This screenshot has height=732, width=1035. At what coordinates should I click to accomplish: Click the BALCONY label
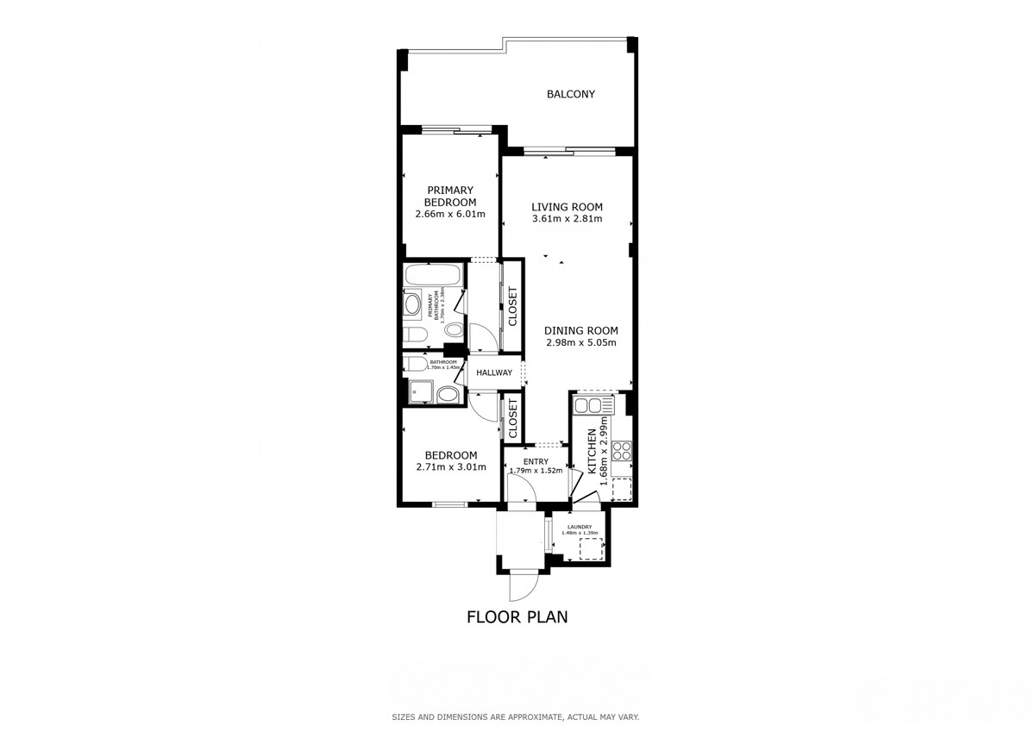pos(571,95)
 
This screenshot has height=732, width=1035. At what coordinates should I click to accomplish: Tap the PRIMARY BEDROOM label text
pos(449,196)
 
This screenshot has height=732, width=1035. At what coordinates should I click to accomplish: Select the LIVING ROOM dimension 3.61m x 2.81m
pos(567,219)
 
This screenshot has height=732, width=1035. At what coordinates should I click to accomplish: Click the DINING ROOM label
pos(581,330)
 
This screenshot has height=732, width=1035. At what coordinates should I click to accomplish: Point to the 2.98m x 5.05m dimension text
pos(581,342)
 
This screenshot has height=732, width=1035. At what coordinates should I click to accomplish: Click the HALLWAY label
pos(494,373)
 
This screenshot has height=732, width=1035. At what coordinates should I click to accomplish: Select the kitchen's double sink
pos(593,406)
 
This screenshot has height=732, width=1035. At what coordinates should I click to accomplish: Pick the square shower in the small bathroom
pos(419,392)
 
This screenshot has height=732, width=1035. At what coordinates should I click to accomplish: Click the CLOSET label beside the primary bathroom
pos(511,306)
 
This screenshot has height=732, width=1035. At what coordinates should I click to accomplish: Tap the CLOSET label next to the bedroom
pos(511,418)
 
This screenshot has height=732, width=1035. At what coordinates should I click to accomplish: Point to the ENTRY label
pos(536,461)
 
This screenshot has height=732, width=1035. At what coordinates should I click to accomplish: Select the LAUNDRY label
pos(579,526)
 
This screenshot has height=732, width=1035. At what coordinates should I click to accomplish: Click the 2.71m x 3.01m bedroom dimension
pos(449,467)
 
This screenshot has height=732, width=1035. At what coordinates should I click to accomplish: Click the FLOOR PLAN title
pos(517,616)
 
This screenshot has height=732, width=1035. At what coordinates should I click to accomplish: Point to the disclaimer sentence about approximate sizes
pos(516,717)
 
